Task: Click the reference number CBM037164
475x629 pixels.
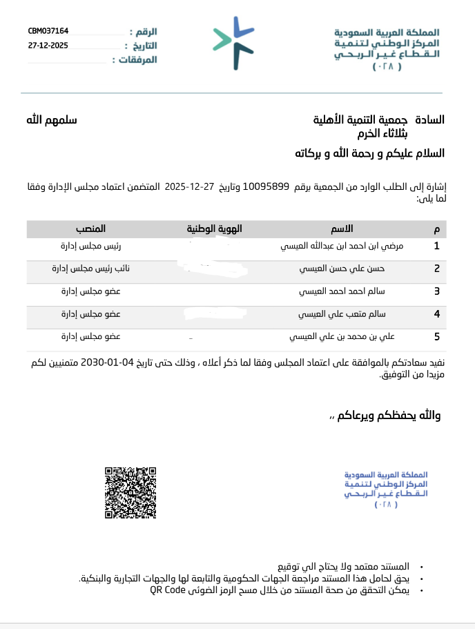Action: [48, 31]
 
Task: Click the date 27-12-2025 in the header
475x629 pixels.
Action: [48, 45]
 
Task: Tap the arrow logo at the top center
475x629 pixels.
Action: [233, 42]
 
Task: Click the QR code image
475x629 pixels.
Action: [130, 492]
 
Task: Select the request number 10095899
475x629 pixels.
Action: [265, 186]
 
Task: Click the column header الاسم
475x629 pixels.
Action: [342, 229]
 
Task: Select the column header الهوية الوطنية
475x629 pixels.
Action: [215, 229]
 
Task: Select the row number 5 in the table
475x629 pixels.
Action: [436, 337]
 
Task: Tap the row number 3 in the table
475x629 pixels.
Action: [436, 291]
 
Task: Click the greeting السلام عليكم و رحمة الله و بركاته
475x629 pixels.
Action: [369, 153]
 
